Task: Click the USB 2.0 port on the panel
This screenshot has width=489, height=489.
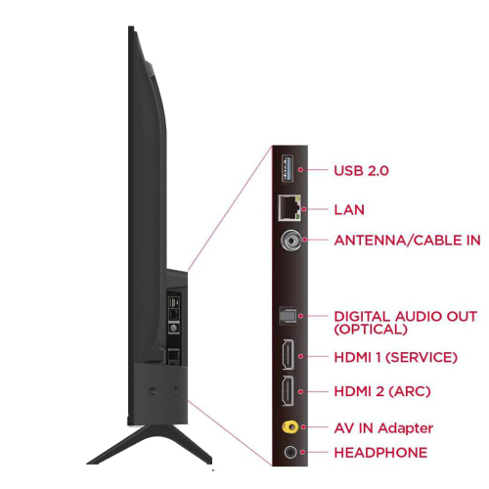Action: pos(288,168)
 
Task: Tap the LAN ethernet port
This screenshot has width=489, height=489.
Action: pos(289,208)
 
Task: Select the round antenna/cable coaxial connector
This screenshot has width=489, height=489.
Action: pos(290,241)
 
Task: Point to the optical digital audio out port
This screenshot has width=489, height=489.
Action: pos(288,316)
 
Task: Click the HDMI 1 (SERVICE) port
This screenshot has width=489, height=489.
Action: pos(288,354)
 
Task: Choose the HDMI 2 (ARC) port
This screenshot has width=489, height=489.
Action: pos(288,391)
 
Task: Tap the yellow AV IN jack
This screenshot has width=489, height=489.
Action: pos(290,426)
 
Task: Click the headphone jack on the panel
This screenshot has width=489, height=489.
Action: pos(290,452)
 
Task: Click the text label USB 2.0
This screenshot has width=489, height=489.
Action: pos(361,170)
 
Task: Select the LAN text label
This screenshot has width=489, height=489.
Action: pos(349,209)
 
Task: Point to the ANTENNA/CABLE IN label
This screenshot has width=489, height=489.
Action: pos(407,241)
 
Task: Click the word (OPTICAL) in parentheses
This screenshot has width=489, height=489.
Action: pos(371,329)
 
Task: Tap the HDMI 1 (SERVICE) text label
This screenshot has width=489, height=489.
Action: pos(396,357)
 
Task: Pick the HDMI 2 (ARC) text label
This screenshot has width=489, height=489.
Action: pos(382,391)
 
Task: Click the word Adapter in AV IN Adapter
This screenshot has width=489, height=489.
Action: pos(406,428)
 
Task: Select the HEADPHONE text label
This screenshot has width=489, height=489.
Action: pos(380,453)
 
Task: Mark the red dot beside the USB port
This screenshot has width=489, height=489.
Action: pos(300,169)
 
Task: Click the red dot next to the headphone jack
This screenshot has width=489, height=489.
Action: pos(303,452)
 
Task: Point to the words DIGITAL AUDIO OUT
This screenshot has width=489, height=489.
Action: pos(406,317)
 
